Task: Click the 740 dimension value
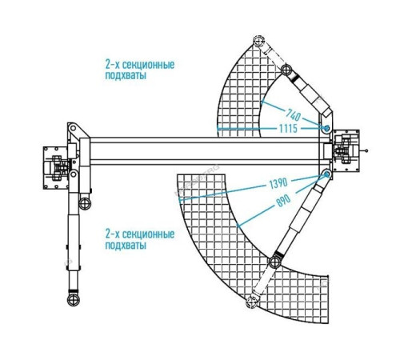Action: [294, 114]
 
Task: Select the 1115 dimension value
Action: [288, 129]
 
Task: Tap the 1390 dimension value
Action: [278, 183]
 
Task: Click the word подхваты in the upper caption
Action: [126, 75]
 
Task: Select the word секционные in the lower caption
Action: [149, 234]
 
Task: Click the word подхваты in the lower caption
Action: [126, 246]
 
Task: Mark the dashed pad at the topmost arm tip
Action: [258, 41]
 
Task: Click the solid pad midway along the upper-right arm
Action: [286, 70]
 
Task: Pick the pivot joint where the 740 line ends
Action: [327, 128]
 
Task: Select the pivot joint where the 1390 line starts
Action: [327, 174]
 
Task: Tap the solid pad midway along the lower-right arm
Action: [275, 262]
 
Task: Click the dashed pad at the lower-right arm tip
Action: [251, 302]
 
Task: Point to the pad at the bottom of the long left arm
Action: [74, 300]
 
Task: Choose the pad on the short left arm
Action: [85, 204]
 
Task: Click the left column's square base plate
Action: [56, 168]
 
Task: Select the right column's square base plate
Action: [346, 151]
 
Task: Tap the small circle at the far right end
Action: [366, 151]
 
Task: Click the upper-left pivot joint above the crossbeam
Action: [73, 128]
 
